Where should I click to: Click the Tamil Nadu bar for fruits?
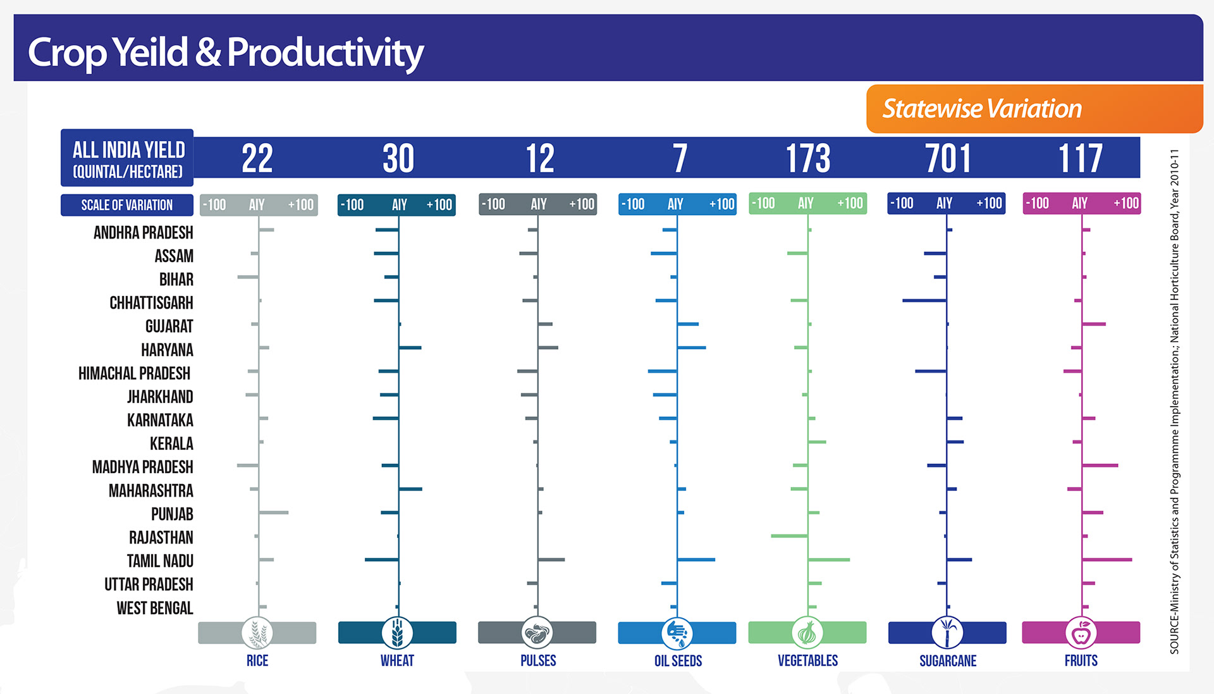[1107, 559]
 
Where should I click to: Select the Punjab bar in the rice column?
[273, 512]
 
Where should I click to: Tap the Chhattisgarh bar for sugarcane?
[924, 301]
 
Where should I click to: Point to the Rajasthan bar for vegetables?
[789, 536]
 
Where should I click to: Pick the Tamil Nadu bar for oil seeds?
[696, 559]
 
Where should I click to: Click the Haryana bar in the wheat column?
[410, 347]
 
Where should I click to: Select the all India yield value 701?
[948, 158]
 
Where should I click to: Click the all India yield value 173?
[807, 158]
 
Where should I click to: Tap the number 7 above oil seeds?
[680, 158]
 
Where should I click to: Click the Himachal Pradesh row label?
[134, 373]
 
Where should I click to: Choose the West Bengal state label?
[154, 608]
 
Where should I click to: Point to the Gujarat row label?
[169, 326]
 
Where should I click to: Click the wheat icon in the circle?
[397, 633]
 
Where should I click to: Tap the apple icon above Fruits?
[1081, 633]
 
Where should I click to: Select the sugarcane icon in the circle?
[947, 633]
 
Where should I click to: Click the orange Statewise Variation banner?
[1034, 109]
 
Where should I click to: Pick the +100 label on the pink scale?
[1125, 204]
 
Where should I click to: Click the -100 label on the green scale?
[764, 204]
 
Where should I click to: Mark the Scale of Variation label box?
[126, 205]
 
